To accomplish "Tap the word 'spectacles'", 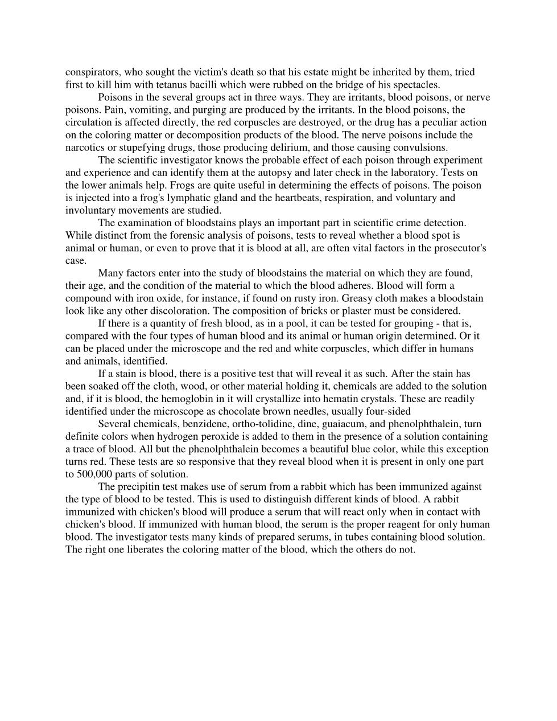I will click(416, 85).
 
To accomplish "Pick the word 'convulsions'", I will click(420, 148).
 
